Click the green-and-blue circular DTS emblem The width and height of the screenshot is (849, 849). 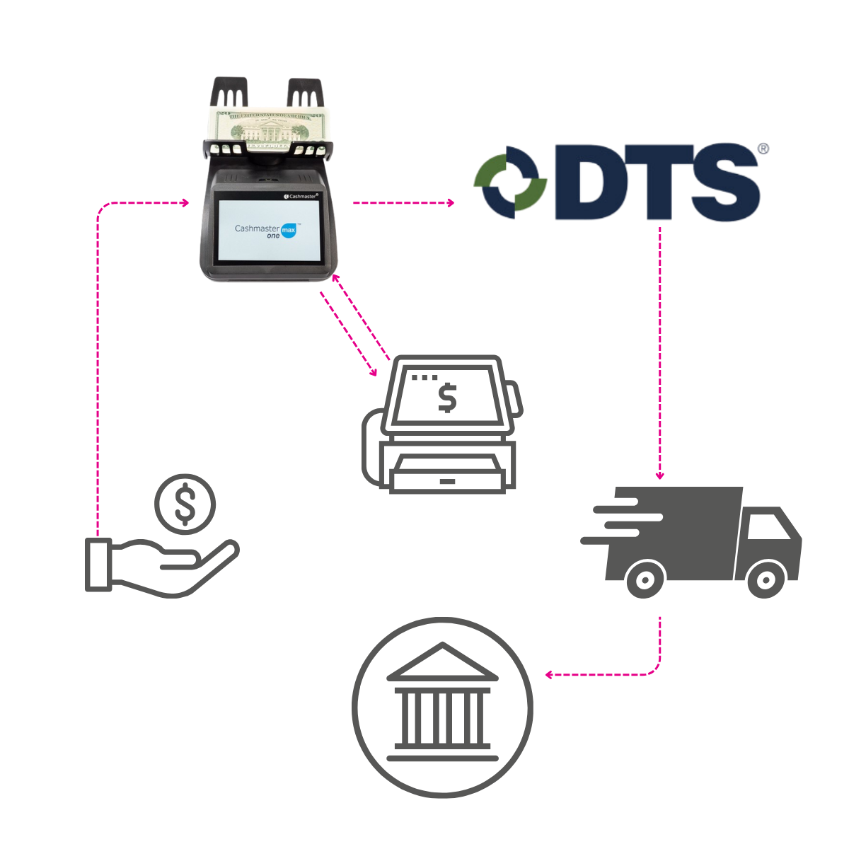pyautogui.click(x=512, y=180)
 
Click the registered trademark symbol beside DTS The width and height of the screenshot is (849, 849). pyautogui.click(x=763, y=149)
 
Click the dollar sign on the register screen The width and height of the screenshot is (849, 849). pyautogui.click(x=446, y=398)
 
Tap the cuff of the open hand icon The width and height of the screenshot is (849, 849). pyautogui.click(x=98, y=564)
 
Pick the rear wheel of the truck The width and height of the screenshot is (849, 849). pyautogui.click(x=645, y=580)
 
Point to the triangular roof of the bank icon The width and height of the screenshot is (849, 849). pyautogui.click(x=441, y=659)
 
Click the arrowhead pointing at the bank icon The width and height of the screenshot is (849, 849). pyautogui.click(x=548, y=675)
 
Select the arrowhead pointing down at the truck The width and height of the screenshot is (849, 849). pyautogui.click(x=660, y=476)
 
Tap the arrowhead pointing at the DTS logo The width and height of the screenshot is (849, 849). pyautogui.click(x=450, y=203)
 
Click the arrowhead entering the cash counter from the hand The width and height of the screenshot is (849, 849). pyautogui.click(x=185, y=203)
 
